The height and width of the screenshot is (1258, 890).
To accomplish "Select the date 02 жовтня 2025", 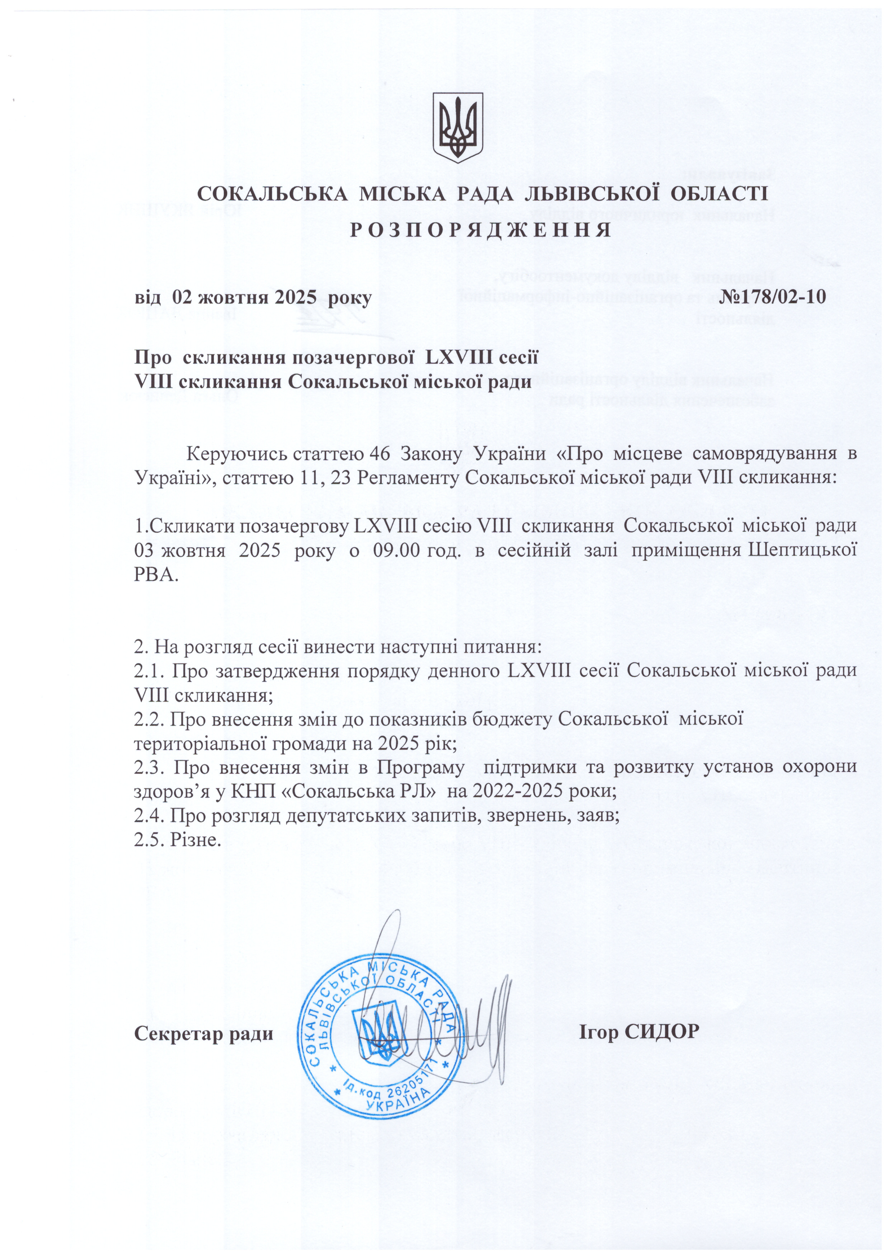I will [244, 297].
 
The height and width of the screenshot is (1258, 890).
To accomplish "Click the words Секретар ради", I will [204, 1034].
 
